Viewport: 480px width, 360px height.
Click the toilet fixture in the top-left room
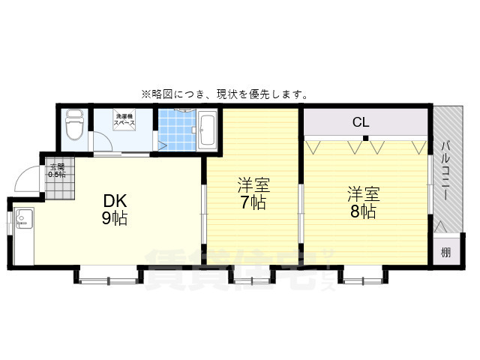[73, 127]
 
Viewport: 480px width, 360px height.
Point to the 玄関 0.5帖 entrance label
[57, 170]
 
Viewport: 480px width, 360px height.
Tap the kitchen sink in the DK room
[22, 220]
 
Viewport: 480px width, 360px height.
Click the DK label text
[115, 201]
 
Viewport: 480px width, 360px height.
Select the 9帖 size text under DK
[115, 218]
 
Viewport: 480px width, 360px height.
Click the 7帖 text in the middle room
[253, 202]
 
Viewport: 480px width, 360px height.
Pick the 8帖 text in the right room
[362, 211]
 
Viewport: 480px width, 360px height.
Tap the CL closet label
[361, 122]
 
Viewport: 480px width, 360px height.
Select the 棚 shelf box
[445, 252]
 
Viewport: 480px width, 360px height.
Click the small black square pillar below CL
[365, 138]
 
